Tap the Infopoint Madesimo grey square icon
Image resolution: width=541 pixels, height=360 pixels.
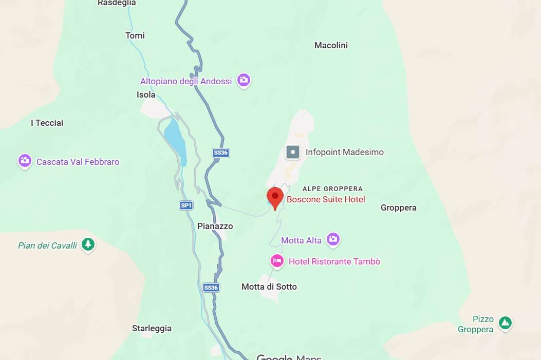point(293,152)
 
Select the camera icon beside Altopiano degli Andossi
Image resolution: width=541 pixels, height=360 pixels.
point(244,80)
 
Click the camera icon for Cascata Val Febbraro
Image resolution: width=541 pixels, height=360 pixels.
point(25,161)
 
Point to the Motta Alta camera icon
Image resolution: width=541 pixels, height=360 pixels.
point(333,239)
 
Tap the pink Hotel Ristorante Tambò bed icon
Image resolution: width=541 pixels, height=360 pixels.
point(277,261)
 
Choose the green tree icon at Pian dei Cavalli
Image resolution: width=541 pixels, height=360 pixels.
point(88,244)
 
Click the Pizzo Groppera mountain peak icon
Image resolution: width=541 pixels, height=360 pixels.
point(506,323)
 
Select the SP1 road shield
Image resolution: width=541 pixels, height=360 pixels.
point(186,205)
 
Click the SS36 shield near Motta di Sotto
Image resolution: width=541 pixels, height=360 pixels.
point(211,288)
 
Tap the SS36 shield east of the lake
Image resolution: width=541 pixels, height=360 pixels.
point(220,153)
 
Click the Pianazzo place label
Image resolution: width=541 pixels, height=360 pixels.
point(215,226)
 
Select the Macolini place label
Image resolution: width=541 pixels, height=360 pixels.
point(331,45)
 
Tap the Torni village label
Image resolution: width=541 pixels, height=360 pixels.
point(135,35)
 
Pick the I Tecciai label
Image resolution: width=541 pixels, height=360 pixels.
point(47,123)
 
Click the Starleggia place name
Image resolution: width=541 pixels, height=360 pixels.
point(152,328)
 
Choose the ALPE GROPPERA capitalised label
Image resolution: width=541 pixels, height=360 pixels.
point(332,188)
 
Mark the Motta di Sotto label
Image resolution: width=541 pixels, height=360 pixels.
point(269,287)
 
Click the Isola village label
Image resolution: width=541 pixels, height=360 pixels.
point(146,94)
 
